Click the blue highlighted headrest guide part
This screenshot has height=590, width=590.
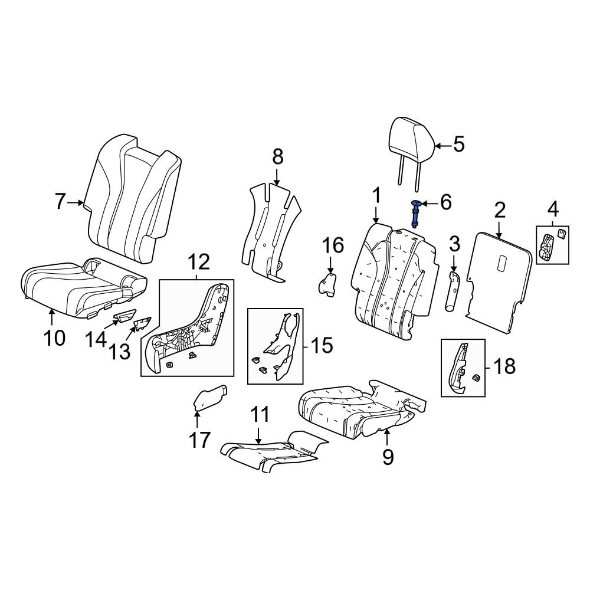[x=416, y=214]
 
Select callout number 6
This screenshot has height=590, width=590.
[x=445, y=202]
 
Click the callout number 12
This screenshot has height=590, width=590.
[x=199, y=262]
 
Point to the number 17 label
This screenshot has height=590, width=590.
[x=199, y=440]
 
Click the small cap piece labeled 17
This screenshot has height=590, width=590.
[x=209, y=398]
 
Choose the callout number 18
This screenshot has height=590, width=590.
[x=504, y=366]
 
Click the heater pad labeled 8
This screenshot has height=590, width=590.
[x=271, y=231]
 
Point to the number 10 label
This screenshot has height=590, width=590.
[x=54, y=338]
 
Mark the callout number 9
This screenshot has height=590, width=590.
[x=388, y=457]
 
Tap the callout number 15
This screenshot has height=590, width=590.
[x=321, y=345]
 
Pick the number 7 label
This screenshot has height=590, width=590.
[x=60, y=201]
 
